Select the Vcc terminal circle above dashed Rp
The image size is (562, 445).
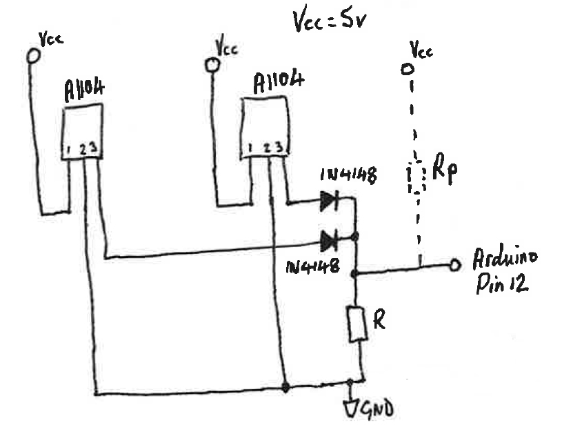408,69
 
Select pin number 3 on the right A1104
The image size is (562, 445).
280,148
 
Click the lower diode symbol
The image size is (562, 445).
329,241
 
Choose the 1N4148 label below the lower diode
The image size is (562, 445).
312,266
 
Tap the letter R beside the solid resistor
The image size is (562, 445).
380,318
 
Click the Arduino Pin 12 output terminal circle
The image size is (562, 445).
454,264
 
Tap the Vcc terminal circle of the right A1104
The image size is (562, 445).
212,64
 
